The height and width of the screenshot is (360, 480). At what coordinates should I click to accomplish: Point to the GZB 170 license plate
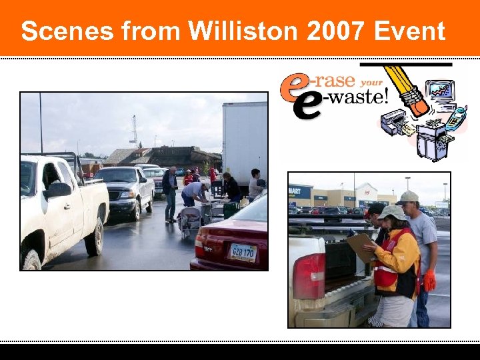coord(243,253)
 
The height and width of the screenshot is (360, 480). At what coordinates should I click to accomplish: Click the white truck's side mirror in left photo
coord(59,190)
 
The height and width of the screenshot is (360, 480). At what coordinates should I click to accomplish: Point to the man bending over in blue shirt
coord(195,193)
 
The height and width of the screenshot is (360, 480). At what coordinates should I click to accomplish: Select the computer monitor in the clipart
coord(441,90)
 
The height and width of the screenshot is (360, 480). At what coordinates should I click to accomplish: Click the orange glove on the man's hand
coord(429,281)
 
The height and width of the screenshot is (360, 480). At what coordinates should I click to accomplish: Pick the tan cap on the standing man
coord(409,197)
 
